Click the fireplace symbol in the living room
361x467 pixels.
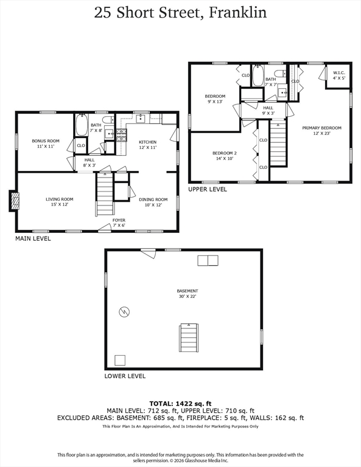(15, 201)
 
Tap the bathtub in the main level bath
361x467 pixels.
(81, 125)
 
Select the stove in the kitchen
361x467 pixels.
(121, 134)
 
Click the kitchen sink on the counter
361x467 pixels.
(141, 119)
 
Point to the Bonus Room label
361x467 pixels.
(46, 144)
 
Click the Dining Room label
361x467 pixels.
(153, 202)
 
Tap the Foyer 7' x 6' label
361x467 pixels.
(119, 223)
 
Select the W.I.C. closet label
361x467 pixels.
(339, 75)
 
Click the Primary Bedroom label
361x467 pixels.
(321, 131)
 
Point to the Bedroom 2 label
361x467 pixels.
(225, 156)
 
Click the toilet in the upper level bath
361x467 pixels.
(280, 73)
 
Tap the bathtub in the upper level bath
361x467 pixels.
(258, 75)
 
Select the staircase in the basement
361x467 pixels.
(189, 338)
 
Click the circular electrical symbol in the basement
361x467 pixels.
(124, 312)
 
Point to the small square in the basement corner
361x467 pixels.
(120, 361)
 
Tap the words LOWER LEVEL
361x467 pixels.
(125, 376)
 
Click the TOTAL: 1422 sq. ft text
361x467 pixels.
(180, 404)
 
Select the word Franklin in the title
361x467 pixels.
(237, 13)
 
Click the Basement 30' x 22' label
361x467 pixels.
(188, 294)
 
